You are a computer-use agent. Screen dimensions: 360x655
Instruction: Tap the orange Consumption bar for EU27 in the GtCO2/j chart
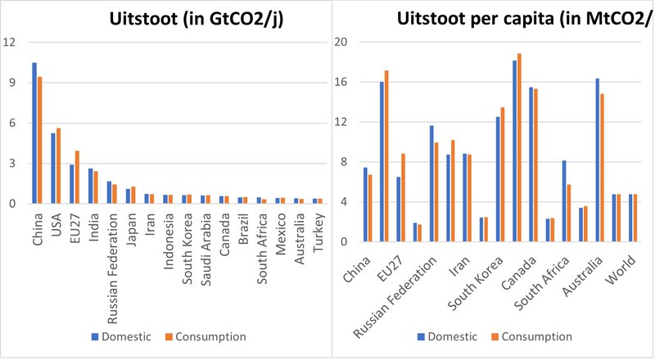coord(77,177)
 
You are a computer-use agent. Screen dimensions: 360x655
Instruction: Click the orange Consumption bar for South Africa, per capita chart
coord(568,213)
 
